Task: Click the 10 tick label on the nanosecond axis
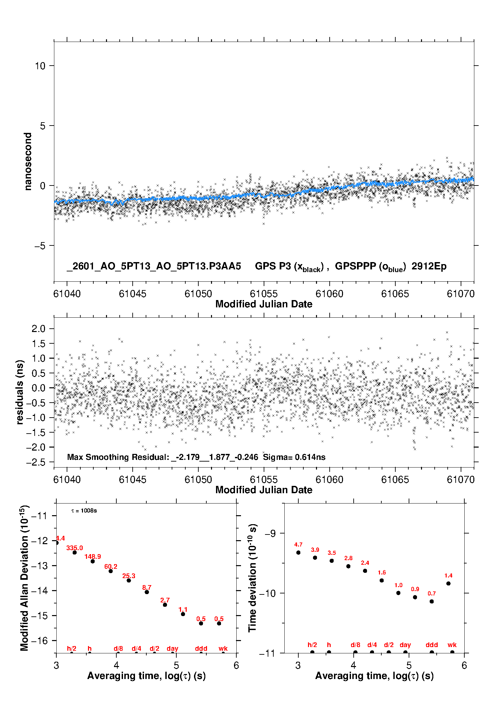40,66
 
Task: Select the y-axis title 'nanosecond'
28,161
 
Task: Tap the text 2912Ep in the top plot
429,266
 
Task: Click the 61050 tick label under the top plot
198,294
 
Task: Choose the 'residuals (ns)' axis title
20,392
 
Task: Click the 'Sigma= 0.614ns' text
294,457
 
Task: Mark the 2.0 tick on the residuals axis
38,329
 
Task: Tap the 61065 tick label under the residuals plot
395,480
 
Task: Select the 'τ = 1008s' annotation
84,511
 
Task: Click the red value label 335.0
75,548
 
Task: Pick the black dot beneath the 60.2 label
111,571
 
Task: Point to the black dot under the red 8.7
147,592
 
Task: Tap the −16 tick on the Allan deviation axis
39,640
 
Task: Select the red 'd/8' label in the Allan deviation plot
118,648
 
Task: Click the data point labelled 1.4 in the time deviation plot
448,583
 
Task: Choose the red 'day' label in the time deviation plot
405,645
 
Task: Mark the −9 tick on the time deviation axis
270,533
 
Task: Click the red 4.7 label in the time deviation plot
298,545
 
